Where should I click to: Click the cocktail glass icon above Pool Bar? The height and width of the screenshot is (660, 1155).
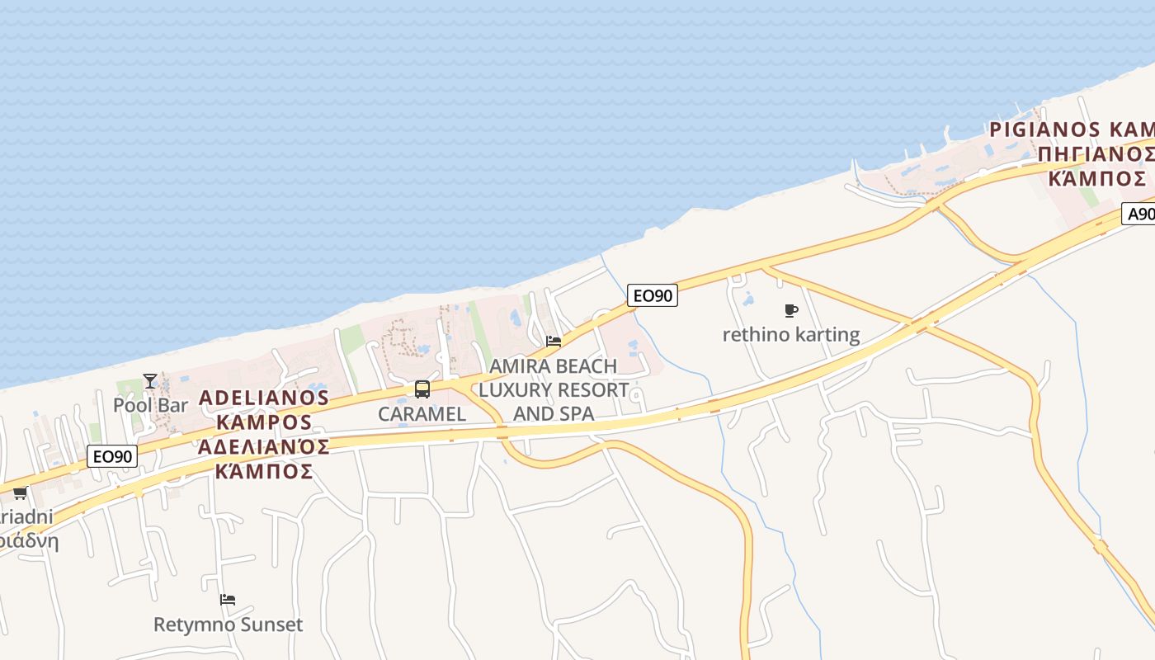[x=149, y=380]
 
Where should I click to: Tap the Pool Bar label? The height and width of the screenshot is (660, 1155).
[x=150, y=405]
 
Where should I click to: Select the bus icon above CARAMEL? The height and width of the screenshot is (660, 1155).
[x=422, y=389]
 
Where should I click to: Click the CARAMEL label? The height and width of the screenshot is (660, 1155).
[x=422, y=414]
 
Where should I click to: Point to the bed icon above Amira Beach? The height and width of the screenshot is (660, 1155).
[x=554, y=341]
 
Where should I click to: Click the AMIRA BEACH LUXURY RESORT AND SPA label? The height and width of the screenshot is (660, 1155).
[x=554, y=389]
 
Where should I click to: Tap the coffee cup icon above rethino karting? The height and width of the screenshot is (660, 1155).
[x=791, y=311]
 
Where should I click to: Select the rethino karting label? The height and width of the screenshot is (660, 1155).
[x=791, y=335]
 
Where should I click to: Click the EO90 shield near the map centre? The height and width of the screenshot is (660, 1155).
[x=652, y=295]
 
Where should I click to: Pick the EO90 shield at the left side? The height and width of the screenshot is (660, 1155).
[x=112, y=455]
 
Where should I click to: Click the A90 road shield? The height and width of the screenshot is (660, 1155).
[x=1140, y=214]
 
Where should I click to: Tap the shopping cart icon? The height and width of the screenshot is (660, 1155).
[x=20, y=493]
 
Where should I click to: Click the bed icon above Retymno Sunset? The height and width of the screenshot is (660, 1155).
[x=228, y=600]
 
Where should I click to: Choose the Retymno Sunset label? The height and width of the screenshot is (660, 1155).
[x=228, y=625]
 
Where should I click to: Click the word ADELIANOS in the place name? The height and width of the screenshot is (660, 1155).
[x=264, y=398]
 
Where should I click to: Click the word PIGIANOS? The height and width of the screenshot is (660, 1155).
[x=1044, y=130]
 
